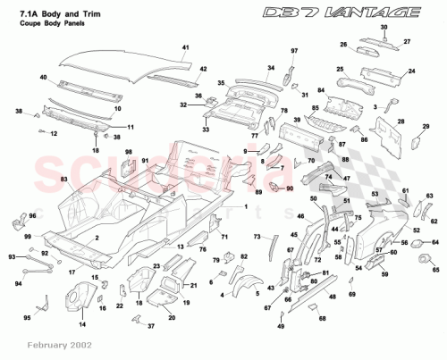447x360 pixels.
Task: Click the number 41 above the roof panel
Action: (186, 46)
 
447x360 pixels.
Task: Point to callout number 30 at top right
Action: (384, 29)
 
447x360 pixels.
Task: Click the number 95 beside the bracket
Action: (27, 318)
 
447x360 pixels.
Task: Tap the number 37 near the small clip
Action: (150, 327)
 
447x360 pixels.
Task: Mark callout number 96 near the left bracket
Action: (34, 216)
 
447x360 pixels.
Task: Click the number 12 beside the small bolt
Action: (53, 134)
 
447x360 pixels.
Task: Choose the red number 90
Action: (289, 189)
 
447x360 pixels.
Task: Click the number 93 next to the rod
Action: (12, 256)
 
